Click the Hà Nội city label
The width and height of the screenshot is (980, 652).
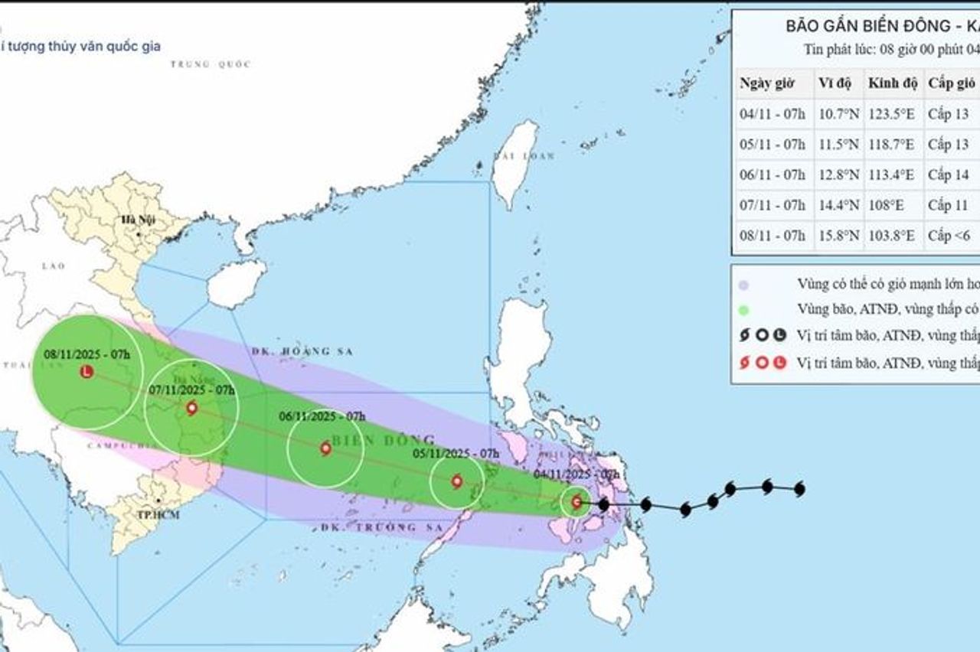[x=138, y=220]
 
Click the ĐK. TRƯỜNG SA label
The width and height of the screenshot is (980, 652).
[x=370, y=528]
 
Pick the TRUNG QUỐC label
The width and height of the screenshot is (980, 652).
[x=211, y=64]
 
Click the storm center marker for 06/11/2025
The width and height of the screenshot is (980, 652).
[x=325, y=448]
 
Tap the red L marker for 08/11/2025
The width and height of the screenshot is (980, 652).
[x=87, y=372]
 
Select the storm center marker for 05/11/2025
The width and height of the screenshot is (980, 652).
[x=457, y=481]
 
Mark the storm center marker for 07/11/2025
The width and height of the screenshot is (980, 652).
[x=191, y=408]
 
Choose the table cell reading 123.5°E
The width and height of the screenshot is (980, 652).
[x=891, y=114]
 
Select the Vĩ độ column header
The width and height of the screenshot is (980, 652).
[x=837, y=83]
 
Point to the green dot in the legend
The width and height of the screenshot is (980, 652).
[x=743, y=310]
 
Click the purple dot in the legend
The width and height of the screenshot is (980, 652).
[x=743, y=285]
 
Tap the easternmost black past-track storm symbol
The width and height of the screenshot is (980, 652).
[x=800, y=488]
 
